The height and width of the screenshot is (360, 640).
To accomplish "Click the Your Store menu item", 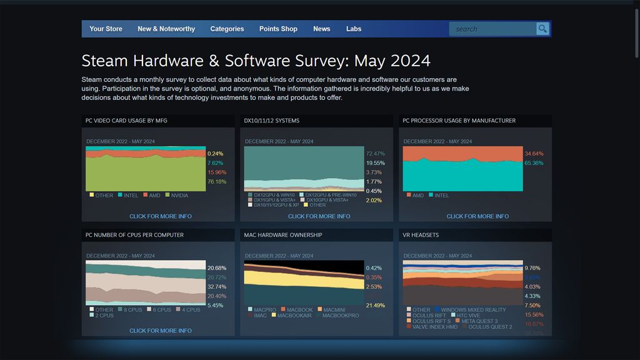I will [x=106, y=29].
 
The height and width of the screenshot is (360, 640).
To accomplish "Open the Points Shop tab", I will [x=278, y=29].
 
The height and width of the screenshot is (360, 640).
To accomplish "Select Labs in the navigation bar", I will [x=354, y=29].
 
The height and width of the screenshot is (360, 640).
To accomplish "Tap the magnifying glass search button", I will [x=542, y=29].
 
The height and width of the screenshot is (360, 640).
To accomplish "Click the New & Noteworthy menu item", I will [x=166, y=29].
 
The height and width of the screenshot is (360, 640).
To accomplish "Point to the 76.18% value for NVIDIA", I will [x=217, y=182].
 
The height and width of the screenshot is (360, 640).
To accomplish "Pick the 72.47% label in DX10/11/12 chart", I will [x=376, y=154].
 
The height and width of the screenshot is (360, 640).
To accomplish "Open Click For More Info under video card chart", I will [x=161, y=216].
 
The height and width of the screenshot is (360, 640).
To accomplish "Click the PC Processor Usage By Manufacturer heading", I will [x=459, y=121].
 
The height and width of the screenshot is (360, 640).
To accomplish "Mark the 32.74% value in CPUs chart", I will [x=217, y=287].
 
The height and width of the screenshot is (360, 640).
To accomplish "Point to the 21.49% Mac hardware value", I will [x=376, y=306].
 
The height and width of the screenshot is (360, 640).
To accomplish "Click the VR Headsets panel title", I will [x=421, y=235].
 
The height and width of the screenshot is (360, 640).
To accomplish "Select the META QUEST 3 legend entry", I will [x=479, y=321].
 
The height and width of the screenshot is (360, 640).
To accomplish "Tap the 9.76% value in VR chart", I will [x=532, y=268].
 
